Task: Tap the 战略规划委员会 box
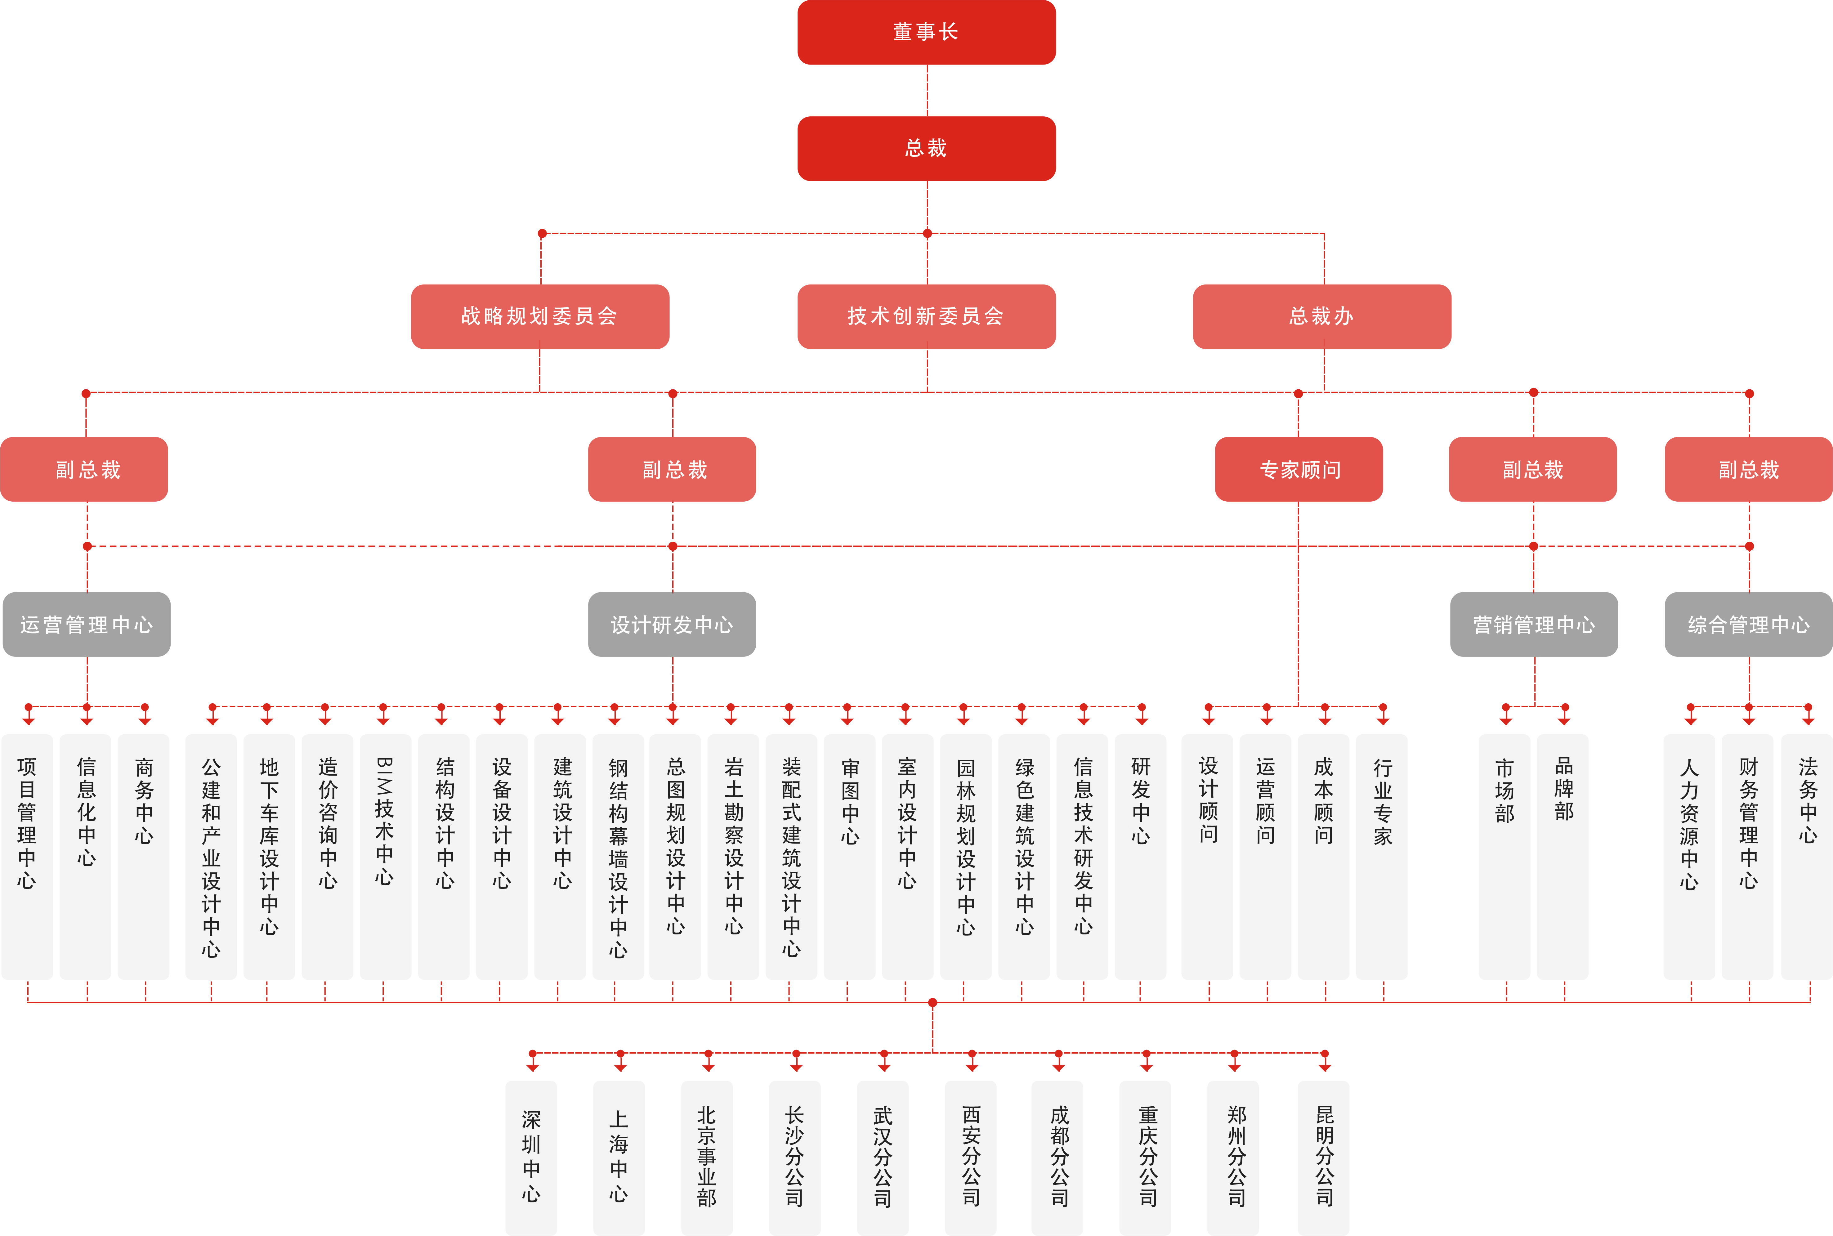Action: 540,316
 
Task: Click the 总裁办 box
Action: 1321,316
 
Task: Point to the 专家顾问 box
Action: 1299,469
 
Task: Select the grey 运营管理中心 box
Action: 87,624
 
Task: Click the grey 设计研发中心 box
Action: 672,624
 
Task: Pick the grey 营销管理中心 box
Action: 1534,624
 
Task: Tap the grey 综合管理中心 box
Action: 1749,624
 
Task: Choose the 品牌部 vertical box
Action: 1563,857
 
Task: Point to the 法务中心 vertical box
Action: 1807,857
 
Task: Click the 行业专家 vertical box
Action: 1381,857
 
